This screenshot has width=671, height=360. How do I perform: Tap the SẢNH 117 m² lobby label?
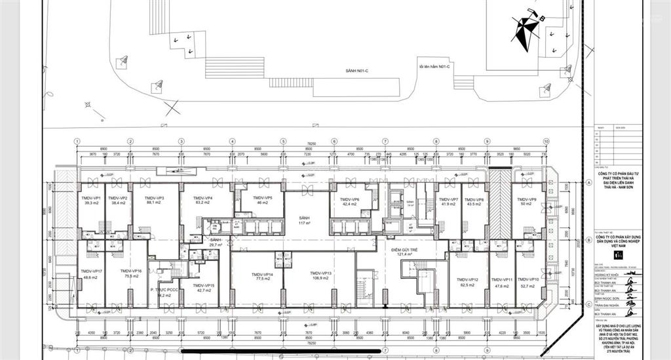coord(303,220)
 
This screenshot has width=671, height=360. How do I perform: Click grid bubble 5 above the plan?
coord(283,141)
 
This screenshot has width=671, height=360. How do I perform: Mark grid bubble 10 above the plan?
coord(546,141)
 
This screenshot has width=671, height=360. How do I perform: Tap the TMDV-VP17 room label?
coord(90,273)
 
